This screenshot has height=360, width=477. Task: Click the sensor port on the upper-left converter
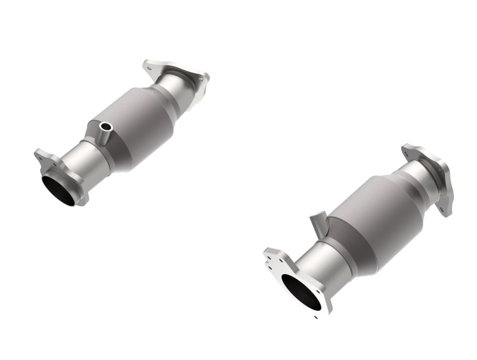(107, 127)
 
